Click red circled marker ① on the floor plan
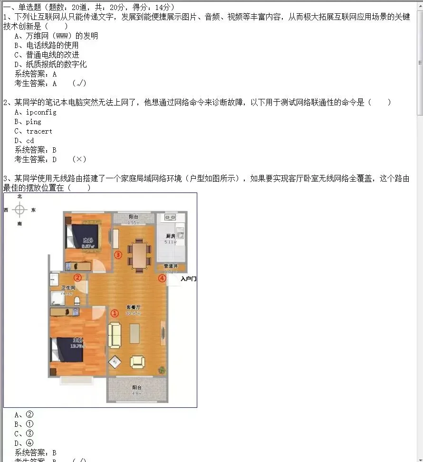point(115,313)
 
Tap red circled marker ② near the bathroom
point(77,278)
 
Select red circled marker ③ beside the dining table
point(118,255)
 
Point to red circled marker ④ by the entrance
point(162,278)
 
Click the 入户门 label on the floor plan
point(188,279)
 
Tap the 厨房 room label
point(171,236)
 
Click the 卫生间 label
point(68,288)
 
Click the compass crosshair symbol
point(19,209)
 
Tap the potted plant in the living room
point(163,369)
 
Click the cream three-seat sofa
point(115,335)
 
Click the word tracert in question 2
point(39,131)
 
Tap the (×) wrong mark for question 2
point(79,159)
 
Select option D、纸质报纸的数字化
point(51,64)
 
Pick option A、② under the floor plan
point(24,414)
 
